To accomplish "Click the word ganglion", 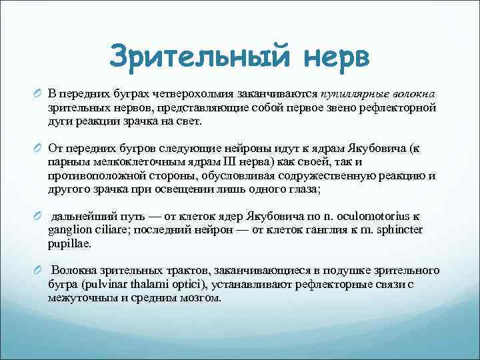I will click(x=70, y=231).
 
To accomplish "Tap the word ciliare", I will click(x=110, y=231).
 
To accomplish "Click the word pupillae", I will click(x=69, y=243).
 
